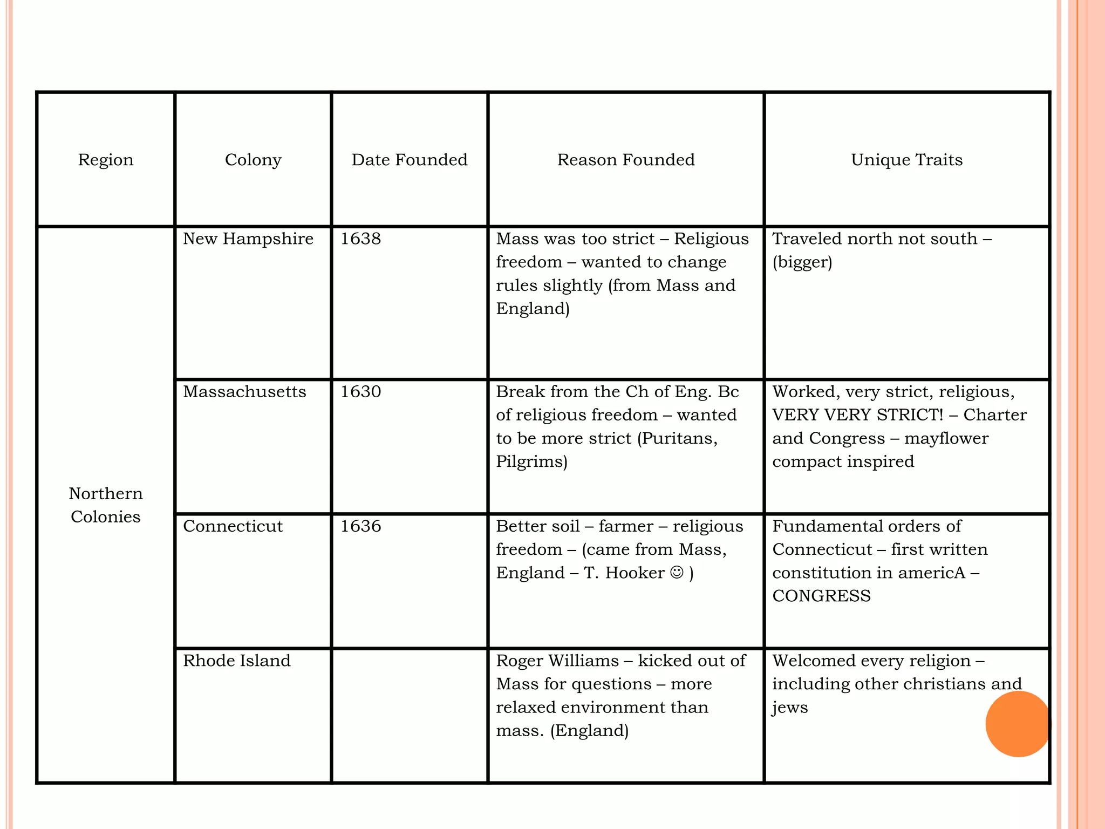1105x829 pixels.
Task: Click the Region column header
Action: (x=106, y=160)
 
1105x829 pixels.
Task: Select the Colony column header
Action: (x=253, y=160)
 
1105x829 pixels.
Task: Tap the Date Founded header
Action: (x=410, y=160)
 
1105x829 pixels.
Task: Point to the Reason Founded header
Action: (x=626, y=160)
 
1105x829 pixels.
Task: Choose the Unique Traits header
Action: (x=906, y=160)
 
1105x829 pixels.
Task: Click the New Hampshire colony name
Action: (x=248, y=239)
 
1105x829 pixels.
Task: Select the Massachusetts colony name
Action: (x=244, y=391)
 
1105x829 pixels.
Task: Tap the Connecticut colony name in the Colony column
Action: (x=233, y=526)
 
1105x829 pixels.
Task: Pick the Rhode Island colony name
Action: (x=236, y=661)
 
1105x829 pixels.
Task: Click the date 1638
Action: (x=360, y=239)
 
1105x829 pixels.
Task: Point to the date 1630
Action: (x=360, y=391)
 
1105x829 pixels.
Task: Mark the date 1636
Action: (x=360, y=526)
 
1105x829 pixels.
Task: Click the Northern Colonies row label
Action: (x=106, y=505)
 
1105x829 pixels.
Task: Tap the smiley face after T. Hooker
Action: (x=677, y=572)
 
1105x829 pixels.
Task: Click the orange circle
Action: (x=1018, y=724)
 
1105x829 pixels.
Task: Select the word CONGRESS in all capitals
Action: (x=821, y=596)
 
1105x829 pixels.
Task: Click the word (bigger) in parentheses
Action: (x=802, y=262)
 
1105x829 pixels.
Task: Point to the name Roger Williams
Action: (x=557, y=661)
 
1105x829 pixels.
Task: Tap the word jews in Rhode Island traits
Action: (x=790, y=708)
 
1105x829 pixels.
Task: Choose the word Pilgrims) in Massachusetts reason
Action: (x=531, y=462)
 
